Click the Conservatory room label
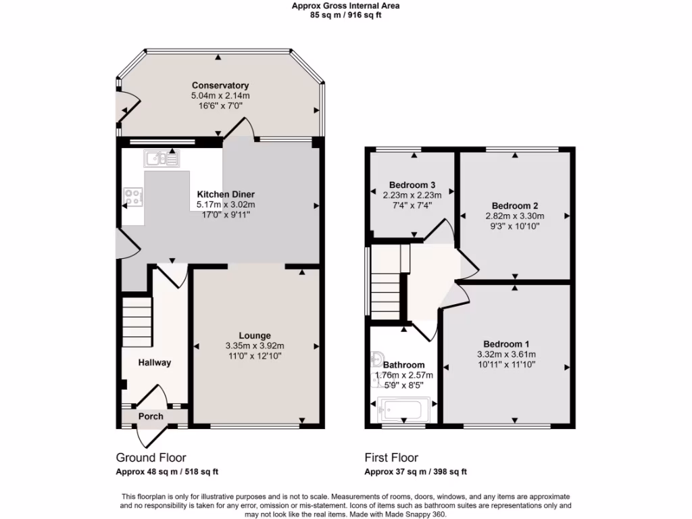pyautogui.click(x=220, y=86)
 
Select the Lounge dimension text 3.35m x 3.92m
pyautogui.click(x=255, y=345)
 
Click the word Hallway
pyautogui.click(x=155, y=362)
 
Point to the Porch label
pyautogui.click(x=151, y=416)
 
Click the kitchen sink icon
pyautogui.click(x=161, y=159)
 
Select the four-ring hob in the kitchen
pyautogui.click(x=132, y=197)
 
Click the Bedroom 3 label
pyautogui.click(x=412, y=184)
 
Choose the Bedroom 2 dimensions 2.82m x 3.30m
pyautogui.click(x=515, y=216)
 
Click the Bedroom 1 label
pyautogui.click(x=506, y=344)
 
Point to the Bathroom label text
pyautogui.click(x=403, y=365)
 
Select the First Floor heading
pyautogui.click(x=391, y=458)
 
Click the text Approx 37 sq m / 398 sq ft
pyautogui.click(x=416, y=472)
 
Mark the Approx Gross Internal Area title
pyautogui.click(x=345, y=5)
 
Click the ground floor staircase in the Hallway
pyautogui.click(x=137, y=322)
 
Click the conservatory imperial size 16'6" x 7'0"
pyautogui.click(x=220, y=106)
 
